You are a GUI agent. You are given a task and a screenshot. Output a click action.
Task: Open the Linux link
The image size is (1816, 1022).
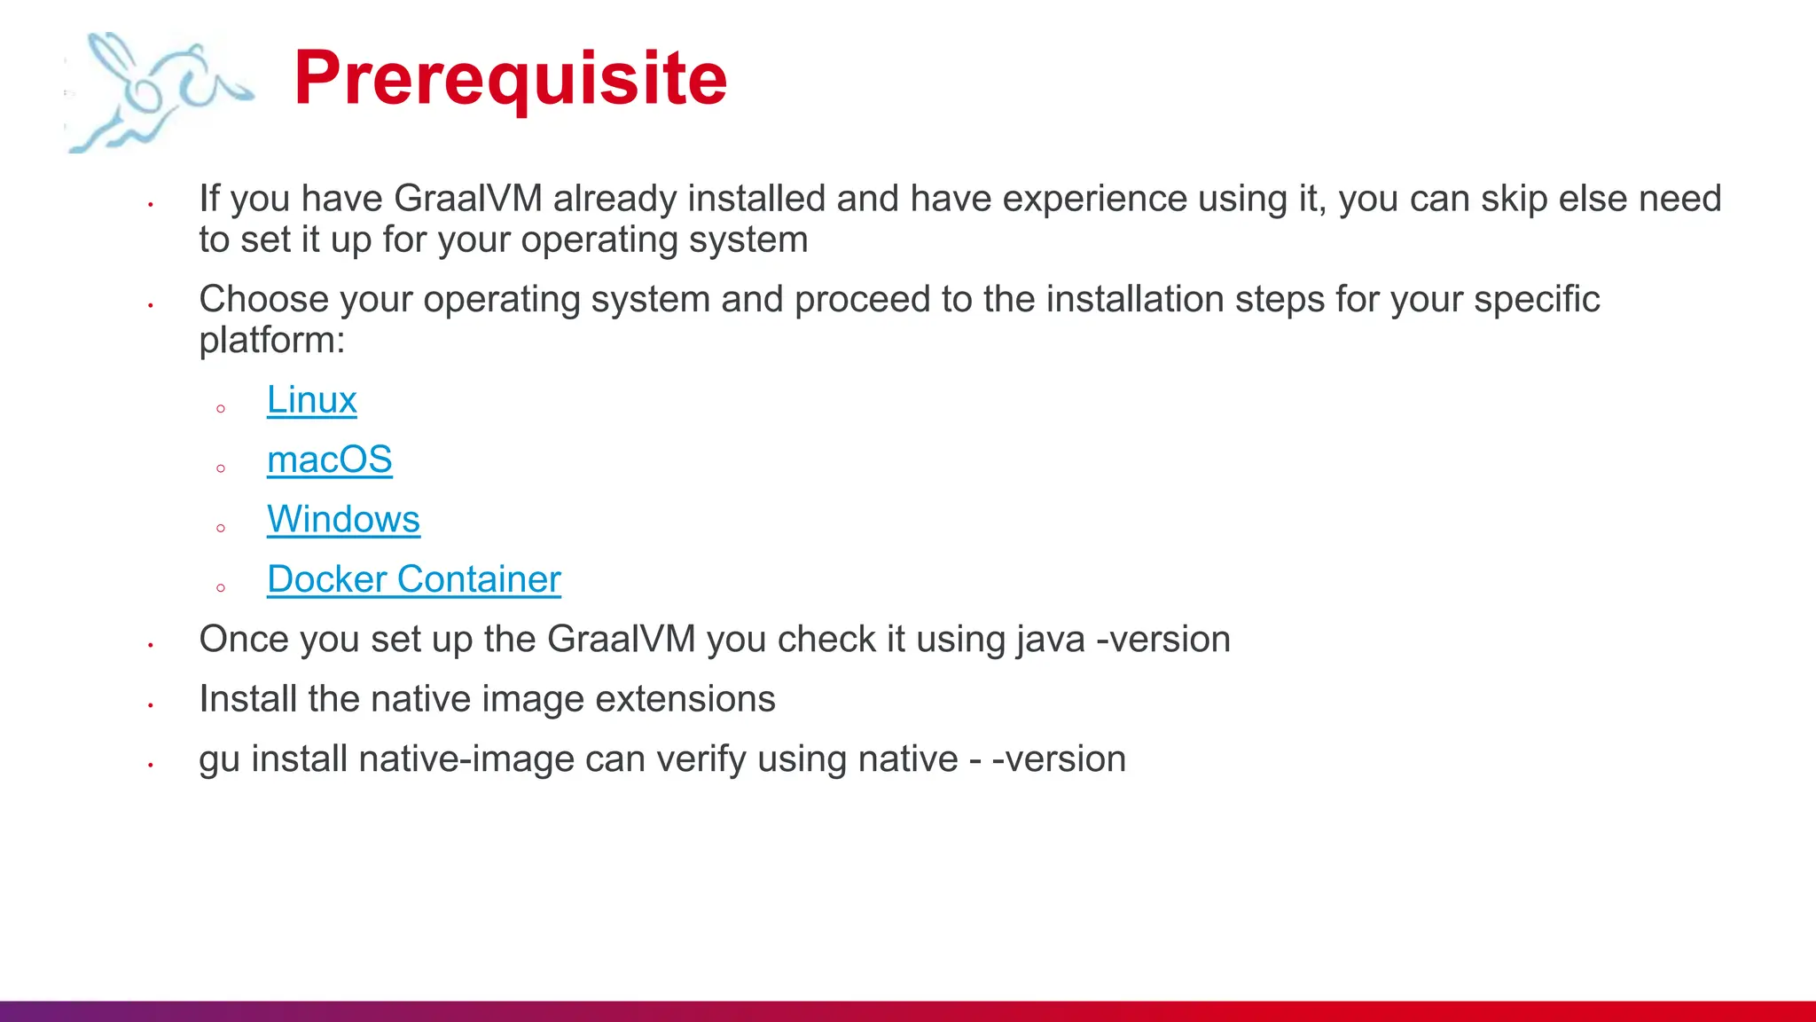[311, 400]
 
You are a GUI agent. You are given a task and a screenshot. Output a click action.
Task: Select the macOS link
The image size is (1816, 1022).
[329, 460]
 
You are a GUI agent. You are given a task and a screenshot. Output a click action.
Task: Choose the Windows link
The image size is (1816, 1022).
[343, 519]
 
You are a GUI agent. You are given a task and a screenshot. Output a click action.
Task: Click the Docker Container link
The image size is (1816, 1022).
[414, 579]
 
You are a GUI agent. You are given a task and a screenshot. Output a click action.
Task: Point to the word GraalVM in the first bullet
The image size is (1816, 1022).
[467, 199]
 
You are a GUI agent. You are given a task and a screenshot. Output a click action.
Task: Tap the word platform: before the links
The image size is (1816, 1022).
[271, 340]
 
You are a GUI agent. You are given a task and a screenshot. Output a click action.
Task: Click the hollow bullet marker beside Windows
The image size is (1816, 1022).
[221, 528]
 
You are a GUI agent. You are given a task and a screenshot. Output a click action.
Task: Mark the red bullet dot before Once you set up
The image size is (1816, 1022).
[151, 645]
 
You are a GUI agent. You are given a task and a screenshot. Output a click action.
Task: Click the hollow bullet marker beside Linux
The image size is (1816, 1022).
[221, 409]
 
